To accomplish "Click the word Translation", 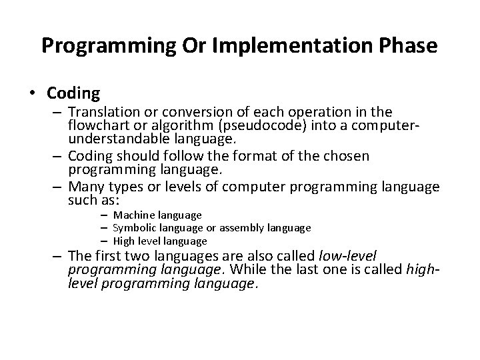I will pyautogui.click(x=101, y=111).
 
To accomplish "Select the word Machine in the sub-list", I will pyautogui.click(x=133, y=215).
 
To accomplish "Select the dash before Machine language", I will pyautogui.click(x=105, y=215).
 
